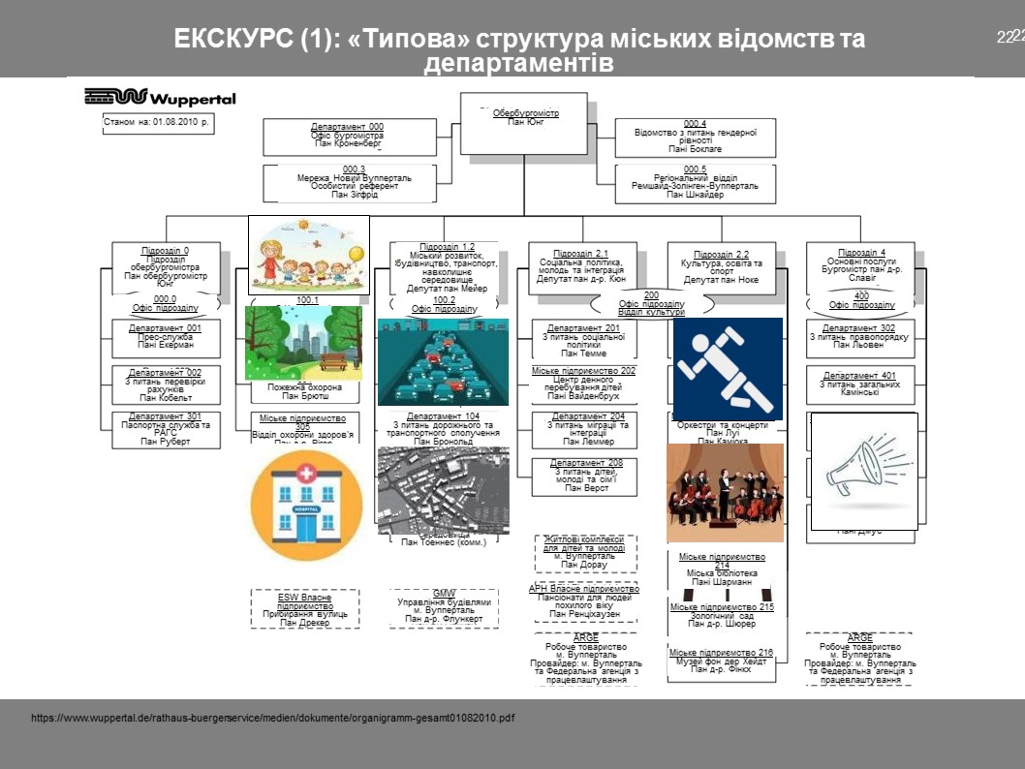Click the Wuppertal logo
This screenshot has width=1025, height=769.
tap(160, 97)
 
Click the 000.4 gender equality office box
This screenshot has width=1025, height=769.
tap(696, 137)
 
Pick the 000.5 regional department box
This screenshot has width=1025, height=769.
tap(696, 183)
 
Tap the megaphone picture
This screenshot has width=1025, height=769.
tap(863, 468)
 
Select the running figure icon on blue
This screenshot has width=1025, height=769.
tap(727, 368)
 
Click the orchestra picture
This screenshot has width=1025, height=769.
tap(725, 492)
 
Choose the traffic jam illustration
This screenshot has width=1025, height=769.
tap(443, 361)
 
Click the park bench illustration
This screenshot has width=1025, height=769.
tap(303, 343)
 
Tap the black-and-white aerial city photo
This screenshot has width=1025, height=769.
tap(442, 489)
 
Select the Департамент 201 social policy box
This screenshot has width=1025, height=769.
tap(584, 342)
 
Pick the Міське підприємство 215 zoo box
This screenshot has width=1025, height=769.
tap(721, 615)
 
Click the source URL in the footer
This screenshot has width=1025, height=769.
tap(272, 719)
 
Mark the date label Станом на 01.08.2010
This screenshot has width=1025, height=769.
tap(157, 125)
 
